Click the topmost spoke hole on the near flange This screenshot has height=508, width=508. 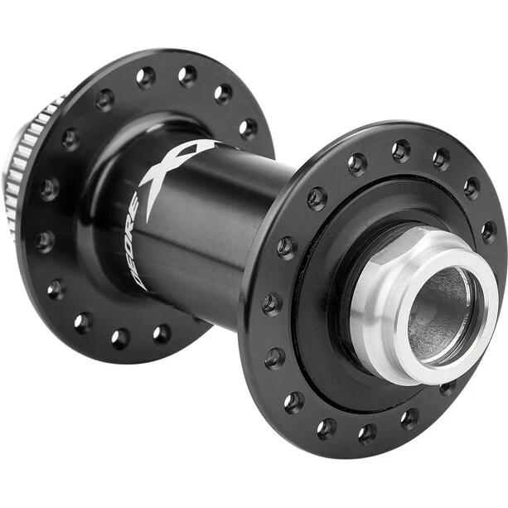coord(401,150)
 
